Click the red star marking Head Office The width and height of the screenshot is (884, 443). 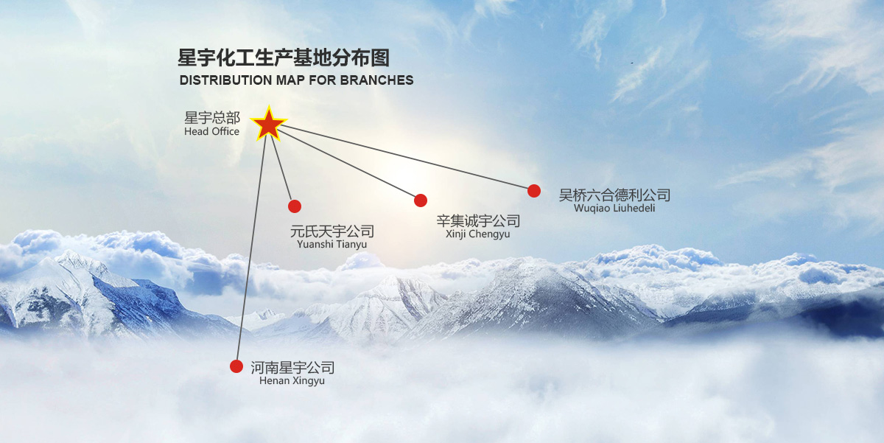point(269,124)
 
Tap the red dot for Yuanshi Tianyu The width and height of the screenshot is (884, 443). point(295,206)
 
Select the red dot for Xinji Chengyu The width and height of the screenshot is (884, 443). point(421,200)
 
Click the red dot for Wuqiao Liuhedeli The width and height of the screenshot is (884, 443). point(534,191)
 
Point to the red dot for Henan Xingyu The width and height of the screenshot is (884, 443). point(236,366)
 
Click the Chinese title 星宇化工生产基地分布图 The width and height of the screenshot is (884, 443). point(284,58)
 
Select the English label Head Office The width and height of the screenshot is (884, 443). point(212,132)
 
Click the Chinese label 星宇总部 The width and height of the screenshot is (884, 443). point(212,118)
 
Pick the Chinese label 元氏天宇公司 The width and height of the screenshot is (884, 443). point(332,231)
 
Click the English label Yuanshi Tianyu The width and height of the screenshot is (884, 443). point(331,245)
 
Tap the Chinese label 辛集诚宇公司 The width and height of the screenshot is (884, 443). point(478,221)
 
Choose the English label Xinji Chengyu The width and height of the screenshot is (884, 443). point(477,234)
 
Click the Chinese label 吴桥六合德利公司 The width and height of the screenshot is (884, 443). point(614,195)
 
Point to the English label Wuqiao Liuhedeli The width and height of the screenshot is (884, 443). point(614,209)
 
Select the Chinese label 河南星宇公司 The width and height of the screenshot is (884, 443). point(292,367)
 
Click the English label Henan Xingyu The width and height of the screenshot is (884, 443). point(292,381)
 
